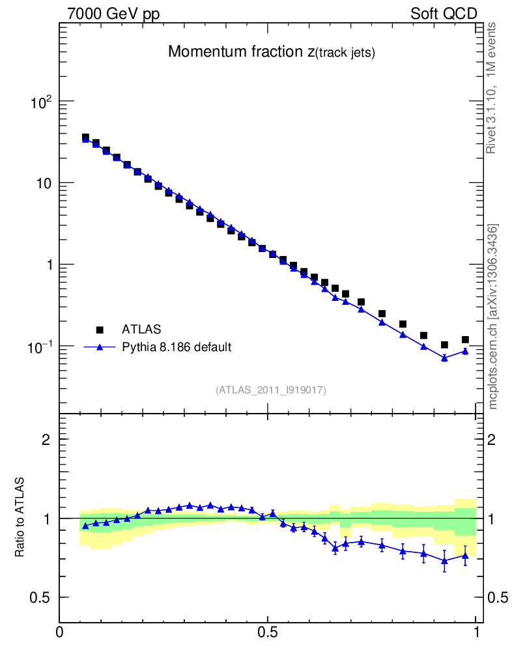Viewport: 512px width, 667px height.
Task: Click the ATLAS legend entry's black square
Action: click(100, 330)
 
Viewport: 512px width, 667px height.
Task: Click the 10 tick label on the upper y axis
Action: click(44, 183)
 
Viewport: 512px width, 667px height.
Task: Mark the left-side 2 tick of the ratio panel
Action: click(46, 439)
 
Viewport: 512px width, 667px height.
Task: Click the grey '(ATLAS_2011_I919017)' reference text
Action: click(271, 390)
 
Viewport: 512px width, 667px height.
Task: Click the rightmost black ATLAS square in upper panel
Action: click(465, 339)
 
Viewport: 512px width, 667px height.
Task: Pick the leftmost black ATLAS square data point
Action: click(85, 137)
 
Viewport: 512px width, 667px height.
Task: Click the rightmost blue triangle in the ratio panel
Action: click(465, 555)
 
